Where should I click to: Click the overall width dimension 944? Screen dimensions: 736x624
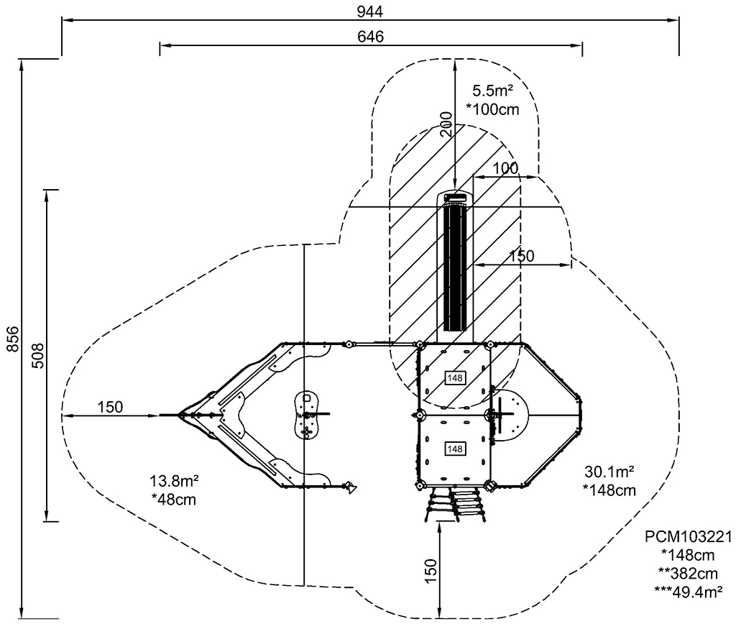tap(370, 12)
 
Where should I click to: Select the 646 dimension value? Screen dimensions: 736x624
tap(370, 37)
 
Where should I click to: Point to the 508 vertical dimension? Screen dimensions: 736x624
tap(38, 355)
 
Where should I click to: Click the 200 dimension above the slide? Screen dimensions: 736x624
tap(447, 124)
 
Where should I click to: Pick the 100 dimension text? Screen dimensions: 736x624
tap(505, 168)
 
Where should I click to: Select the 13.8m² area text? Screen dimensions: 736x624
tap(174, 481)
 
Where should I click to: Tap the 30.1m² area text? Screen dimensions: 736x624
tap(609, 471)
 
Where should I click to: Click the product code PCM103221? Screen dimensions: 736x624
tap(688, 536)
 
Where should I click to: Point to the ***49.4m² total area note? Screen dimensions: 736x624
tap(688, 592)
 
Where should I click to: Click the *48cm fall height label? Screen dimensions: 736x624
tap(174, 500)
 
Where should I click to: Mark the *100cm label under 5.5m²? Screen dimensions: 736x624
tap(492, 109)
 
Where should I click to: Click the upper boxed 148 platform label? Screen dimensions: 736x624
tap(455, 378)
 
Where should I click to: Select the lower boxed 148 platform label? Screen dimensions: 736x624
tap(455, 449)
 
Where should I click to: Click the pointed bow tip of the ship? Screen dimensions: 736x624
tap(179, 415)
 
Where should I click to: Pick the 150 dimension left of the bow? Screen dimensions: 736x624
tap(110, 407)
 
